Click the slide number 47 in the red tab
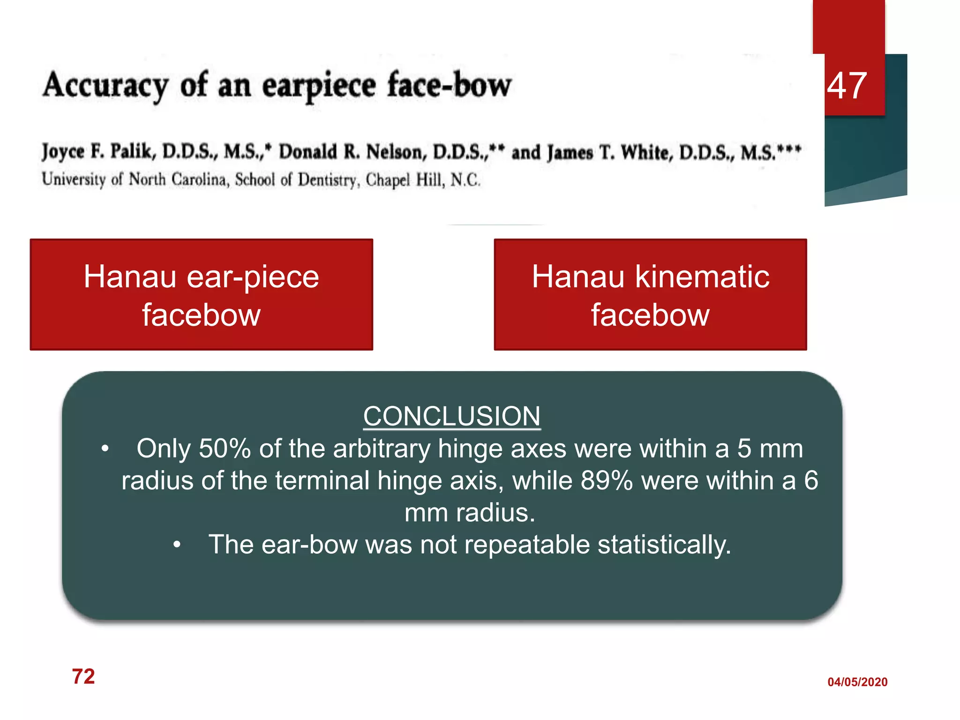(847, 86)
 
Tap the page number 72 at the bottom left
(83, 676)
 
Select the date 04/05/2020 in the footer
(857, 682)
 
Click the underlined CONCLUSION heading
(451, 416)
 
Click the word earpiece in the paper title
(319, 86)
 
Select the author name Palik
(131, 151)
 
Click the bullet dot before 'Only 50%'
(105, 449)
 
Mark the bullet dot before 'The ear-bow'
(177, 545)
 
